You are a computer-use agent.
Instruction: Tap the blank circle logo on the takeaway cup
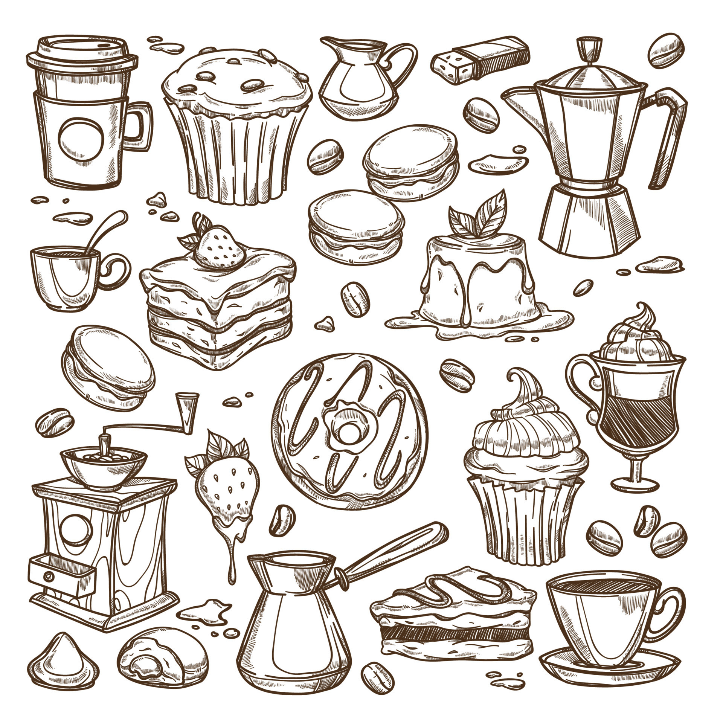(x=81, y=140)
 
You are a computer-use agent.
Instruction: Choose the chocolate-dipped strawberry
(x=226, y=490)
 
